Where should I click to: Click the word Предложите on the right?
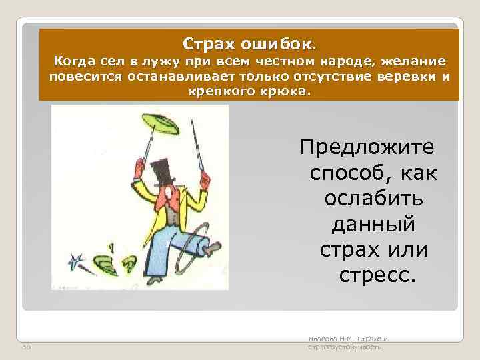point(367,145)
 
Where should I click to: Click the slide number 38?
point(25,347)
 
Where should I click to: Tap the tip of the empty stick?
point(193,123)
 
